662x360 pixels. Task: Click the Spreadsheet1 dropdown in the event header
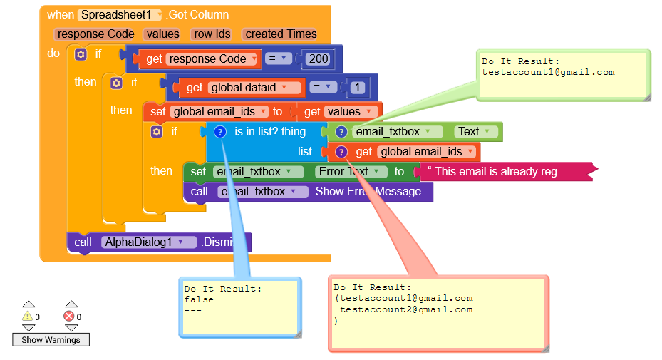coord(120,14)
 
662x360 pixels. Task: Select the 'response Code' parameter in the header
coord(95,34)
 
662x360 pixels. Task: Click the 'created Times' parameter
coord(280,34)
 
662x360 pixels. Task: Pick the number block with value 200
coord(319,59)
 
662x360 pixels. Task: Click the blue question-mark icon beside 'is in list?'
coord(220,132)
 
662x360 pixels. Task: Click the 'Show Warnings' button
coord(51,340)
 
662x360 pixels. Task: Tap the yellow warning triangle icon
coord(28,316)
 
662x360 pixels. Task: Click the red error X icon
coord(69,316)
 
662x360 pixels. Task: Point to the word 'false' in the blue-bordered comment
coord(199,299)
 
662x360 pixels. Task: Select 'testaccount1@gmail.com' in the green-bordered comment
coord(547,72)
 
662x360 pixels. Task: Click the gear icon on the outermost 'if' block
coord(80,54)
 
